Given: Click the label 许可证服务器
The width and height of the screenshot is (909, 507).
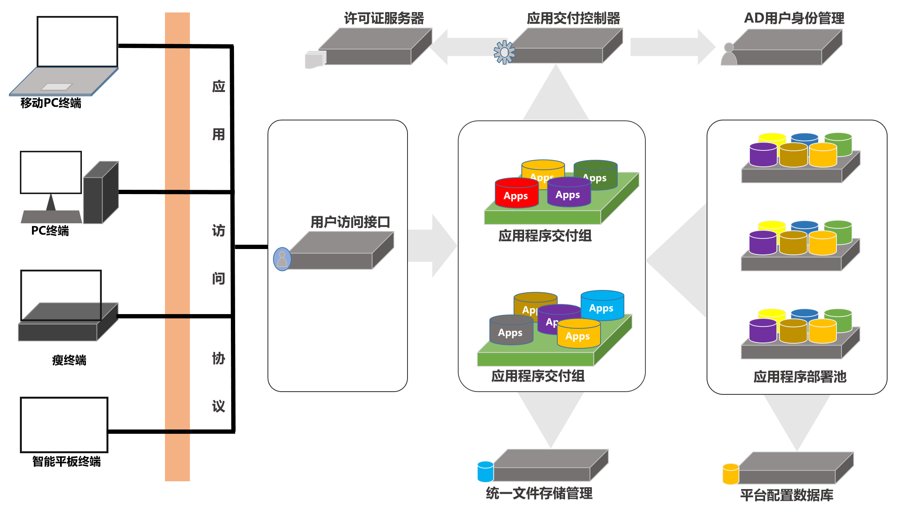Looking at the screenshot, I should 384,18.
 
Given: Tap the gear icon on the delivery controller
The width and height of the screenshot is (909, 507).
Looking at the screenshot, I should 504,52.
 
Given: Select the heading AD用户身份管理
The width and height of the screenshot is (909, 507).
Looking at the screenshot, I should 794,18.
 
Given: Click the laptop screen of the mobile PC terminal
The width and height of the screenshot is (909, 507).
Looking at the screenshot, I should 77,42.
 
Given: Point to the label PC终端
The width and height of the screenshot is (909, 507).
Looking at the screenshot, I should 50,231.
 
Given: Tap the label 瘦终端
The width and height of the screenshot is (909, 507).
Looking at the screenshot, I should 69,360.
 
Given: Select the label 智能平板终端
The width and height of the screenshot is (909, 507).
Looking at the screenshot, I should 66,461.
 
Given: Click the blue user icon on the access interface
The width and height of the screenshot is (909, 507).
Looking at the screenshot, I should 282,259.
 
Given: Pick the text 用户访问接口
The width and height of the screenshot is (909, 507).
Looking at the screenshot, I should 350,222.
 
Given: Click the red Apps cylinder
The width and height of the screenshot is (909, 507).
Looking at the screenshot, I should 516,194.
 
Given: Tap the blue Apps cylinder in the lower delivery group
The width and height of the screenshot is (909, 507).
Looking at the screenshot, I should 602,306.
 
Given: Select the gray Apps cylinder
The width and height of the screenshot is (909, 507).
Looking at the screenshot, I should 511,330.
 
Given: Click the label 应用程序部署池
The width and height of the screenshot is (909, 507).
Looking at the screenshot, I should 800,376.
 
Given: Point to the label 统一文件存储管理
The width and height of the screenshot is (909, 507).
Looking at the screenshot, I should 539,493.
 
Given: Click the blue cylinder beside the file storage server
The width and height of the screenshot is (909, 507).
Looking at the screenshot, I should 486,472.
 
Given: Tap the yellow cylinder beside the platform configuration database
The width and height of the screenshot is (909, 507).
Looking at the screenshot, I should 730,474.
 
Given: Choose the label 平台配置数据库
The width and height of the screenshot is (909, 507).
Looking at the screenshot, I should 787,495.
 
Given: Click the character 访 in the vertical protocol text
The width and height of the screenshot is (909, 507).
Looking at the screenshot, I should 218,231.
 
